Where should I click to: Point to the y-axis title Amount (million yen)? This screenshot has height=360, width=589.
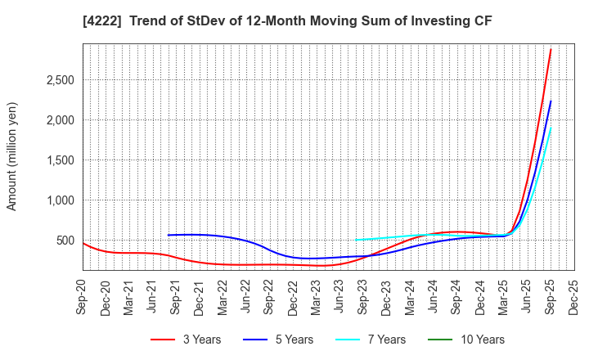pos(12,156)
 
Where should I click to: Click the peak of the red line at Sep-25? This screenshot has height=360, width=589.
pos(551,49)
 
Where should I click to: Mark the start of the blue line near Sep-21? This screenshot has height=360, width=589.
pos(169,235)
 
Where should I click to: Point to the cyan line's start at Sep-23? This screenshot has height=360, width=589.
pos(356,240)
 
